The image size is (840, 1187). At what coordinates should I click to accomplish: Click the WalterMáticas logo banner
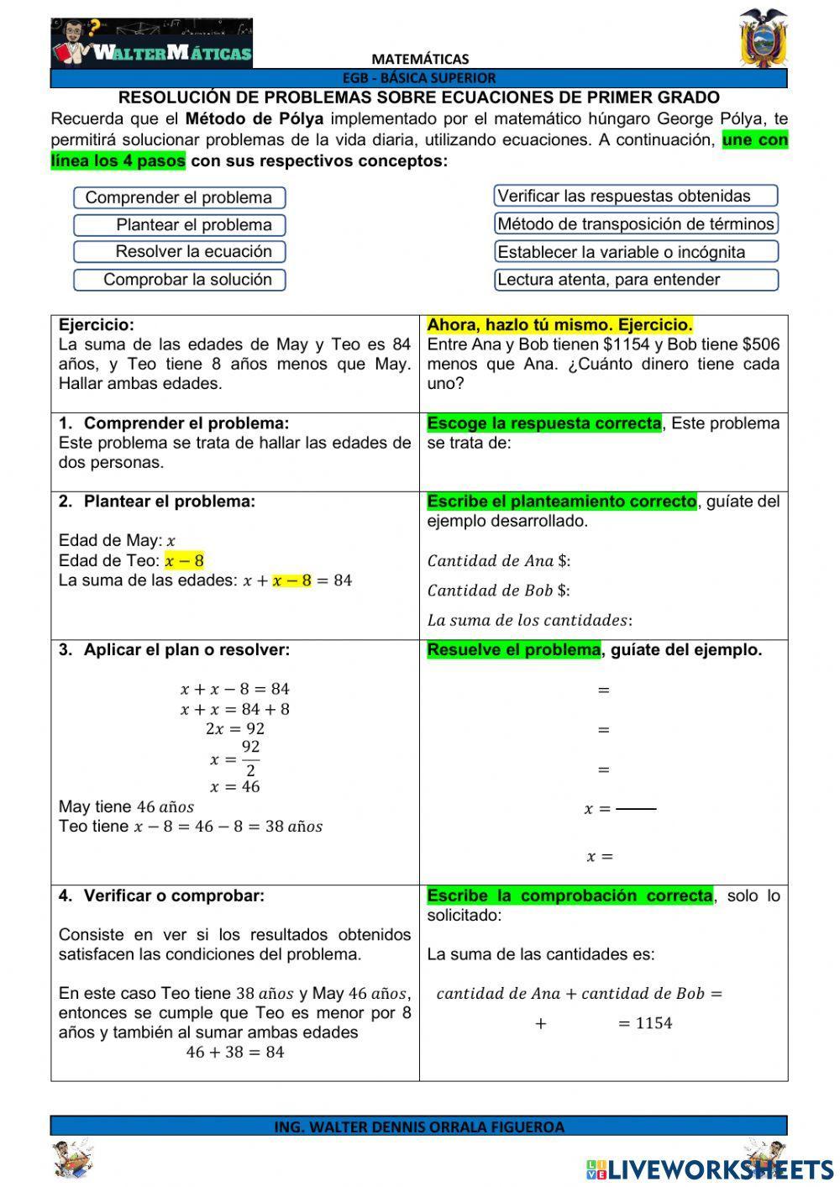(151, 44)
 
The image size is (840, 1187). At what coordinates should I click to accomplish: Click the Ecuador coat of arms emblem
(763, 39)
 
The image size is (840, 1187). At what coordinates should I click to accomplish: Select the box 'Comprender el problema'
(179, 198)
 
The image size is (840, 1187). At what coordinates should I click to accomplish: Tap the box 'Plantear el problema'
(179, 225)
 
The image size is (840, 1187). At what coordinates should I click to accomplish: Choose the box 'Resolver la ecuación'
(179, 252)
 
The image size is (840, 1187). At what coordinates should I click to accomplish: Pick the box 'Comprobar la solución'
(179, 280)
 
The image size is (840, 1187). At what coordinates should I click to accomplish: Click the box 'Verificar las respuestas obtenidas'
(635, 197)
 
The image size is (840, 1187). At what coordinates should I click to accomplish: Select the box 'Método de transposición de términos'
(635, 224)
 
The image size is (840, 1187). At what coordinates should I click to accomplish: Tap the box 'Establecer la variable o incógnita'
(635, 252)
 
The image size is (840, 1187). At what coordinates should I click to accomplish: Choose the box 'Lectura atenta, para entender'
(635, 280)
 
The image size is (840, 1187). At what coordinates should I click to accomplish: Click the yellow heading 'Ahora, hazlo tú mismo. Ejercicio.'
(559, 325)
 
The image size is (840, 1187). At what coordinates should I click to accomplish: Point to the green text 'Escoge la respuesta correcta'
(543, 423)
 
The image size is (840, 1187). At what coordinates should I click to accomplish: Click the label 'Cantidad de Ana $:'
(498, 561)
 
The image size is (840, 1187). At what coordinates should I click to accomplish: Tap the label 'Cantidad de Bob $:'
(498, 591)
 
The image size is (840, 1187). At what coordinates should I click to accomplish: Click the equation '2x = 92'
(235, 729)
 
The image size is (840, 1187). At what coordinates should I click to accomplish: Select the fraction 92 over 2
(250, 759)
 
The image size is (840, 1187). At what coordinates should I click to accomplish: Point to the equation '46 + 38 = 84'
(235, 1053)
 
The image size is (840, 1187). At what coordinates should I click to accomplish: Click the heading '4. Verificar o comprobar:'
(161, 896)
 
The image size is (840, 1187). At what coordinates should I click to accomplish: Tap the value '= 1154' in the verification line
(644, 1023)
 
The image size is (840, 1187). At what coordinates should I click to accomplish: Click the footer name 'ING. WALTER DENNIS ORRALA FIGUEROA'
(419, 1127)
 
